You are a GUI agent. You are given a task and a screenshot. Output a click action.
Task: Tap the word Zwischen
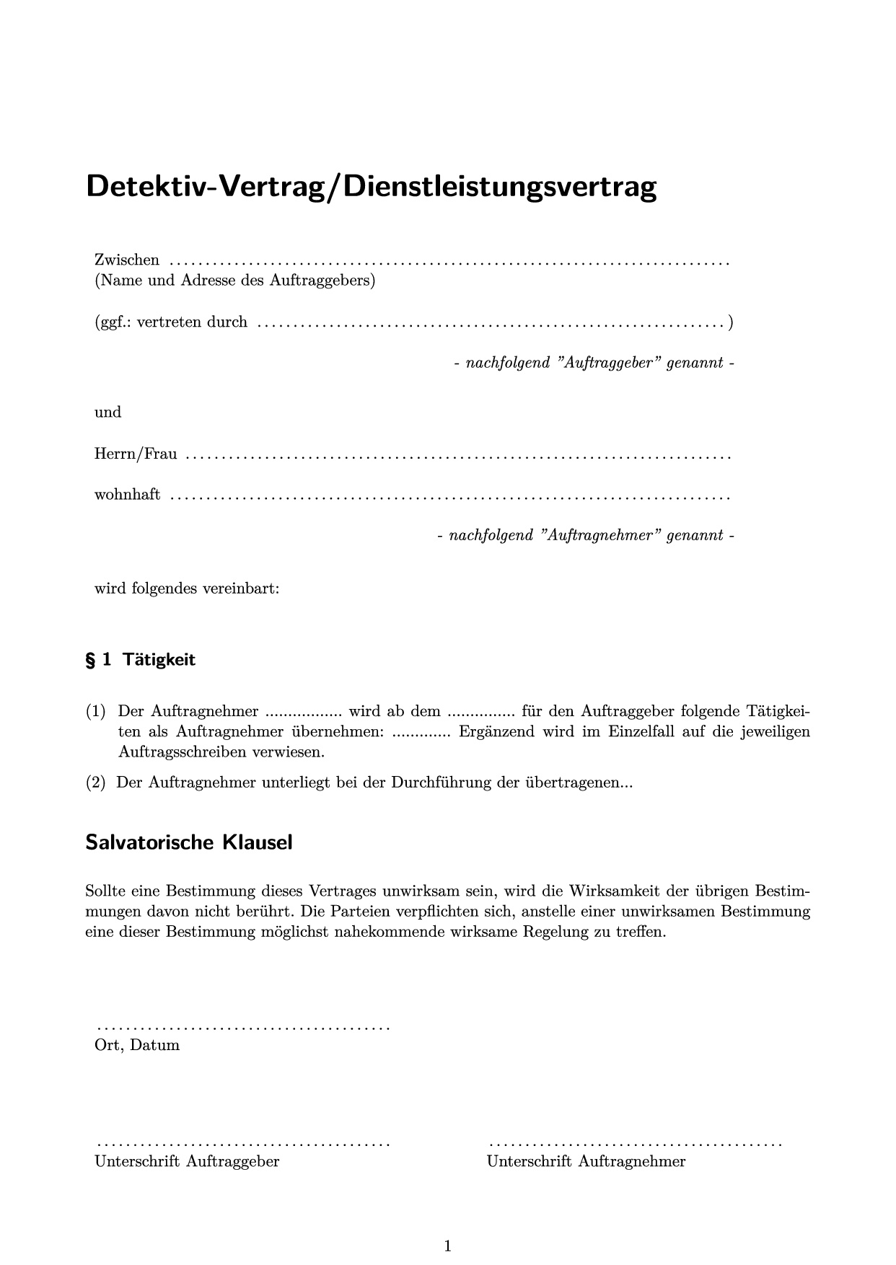pyautogui.click(x=127, y=260)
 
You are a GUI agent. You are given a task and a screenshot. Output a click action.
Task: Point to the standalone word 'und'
pyautogui.click(x=108, y=413)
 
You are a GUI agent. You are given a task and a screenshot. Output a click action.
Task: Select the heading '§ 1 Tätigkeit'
pyautogui.click(x=141, y=660)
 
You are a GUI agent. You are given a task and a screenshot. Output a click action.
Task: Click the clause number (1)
pyautogui.click(x=96, y=712)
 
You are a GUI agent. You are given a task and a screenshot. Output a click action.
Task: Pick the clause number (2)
pyautogui.click(x=96, y=783)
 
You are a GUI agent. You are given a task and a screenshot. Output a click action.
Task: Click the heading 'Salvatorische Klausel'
pyautogui.click(x=189, y=842)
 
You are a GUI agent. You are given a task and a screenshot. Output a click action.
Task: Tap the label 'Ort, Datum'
pyautogui.click(x=137, y=1045)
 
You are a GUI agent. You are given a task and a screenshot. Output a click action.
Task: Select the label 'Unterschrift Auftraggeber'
pyautogui.click(x=187, y=1161)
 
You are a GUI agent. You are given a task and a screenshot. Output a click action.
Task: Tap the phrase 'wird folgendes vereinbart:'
pyautogui.click(x=187, y=589)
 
